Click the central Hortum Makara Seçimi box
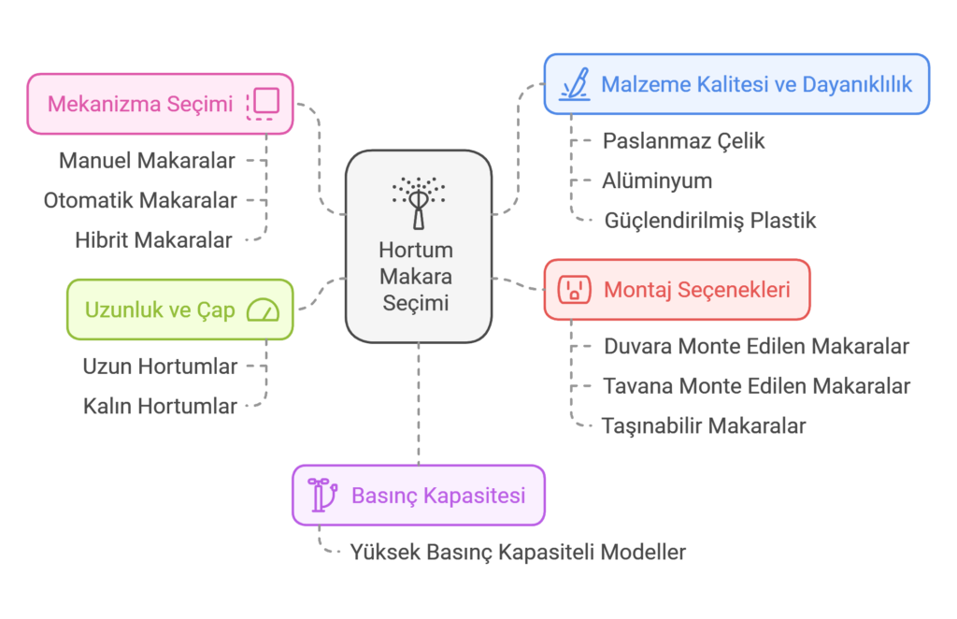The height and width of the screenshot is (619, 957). click(x=418, y=247)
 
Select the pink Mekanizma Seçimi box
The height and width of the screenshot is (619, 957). click(x=160, y=104)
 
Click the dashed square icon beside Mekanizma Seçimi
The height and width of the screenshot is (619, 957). click(x=263, y=104)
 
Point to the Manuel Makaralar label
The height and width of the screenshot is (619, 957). click(x=146, y=160)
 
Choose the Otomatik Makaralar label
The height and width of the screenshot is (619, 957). click(x=140, y=200)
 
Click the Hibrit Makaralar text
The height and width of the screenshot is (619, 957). click(x=153, y=240)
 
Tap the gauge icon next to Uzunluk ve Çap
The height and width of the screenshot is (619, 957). click(x=264, y=310)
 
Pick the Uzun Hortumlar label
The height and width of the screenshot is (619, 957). click(x=159, y=367)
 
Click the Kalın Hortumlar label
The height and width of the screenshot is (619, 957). click(x=160, y=406)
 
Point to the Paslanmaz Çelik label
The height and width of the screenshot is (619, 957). click(x=684, y=141)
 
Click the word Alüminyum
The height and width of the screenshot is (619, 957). click(x=657, y=180)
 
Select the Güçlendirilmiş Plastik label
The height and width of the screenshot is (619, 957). click(x=710, y=221)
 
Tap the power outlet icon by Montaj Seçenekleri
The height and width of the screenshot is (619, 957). click(x=574, y=290)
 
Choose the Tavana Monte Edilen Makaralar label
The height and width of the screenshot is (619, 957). click(x=756, y=385)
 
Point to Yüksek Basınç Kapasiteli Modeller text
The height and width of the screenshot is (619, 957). click(x=518, y=552)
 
